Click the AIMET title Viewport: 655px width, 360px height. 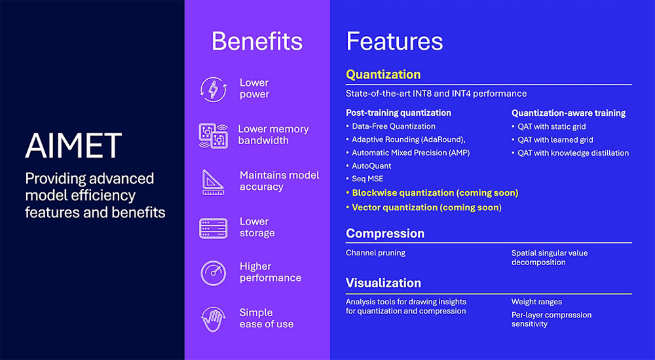[73, 145]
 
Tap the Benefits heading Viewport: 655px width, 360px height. [257, 41]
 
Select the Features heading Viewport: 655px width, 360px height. [394, 41]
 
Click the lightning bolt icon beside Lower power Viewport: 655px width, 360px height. [213, 90]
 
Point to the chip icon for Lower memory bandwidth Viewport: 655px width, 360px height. [213, 135]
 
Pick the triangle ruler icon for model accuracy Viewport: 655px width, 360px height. [214, 181]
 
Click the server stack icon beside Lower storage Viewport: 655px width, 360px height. [214, 228]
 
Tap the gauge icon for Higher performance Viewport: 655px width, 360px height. [214, 273]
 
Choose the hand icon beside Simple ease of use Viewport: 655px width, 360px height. [214, 319]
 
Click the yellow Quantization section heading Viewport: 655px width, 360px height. [383, 75]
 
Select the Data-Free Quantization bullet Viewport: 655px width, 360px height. [393, 126]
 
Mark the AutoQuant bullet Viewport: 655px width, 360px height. [371, 166]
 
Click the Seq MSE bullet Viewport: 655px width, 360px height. [368, 179]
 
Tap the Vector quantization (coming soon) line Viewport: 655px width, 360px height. [426, 207]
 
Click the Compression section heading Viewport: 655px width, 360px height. [385, 234]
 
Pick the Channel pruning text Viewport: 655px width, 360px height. [375, 253]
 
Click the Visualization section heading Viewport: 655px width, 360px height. [383, 283]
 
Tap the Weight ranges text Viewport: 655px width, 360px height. [536, 302]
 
